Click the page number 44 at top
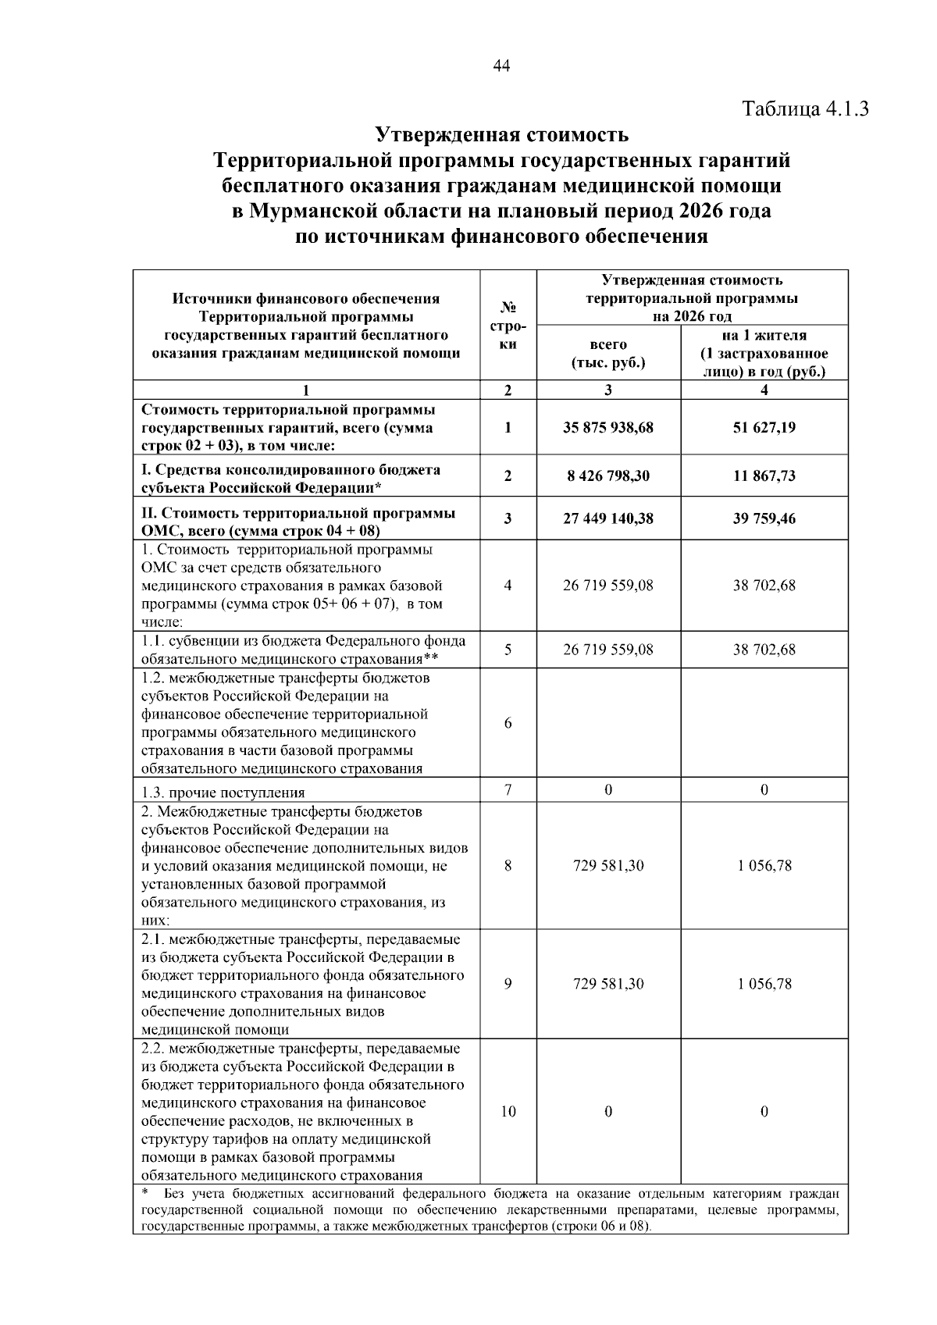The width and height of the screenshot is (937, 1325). tap(501, 66)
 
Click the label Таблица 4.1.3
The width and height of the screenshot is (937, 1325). tap(805, 108)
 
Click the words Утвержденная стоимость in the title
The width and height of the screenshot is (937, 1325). tap(502, 135)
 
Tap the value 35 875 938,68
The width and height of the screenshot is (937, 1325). tap(607, 428)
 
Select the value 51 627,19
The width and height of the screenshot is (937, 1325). tap(764, 428)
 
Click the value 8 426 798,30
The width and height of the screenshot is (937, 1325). tap(607, 476)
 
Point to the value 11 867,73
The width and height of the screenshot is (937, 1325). tap(764, 476)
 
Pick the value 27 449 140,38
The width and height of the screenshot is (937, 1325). tap(607, 518)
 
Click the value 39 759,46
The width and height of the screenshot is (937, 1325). tap(764, 518)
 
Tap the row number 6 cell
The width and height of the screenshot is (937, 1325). tap(508, 723)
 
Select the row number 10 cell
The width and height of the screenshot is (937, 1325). tap(508, 1111)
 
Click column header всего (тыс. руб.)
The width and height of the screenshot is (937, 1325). tap(607, 354)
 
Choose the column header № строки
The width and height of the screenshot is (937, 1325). tap(508, 326)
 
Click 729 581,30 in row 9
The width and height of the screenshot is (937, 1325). tap(607, 984)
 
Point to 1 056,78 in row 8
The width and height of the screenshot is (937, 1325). tap(764, 865)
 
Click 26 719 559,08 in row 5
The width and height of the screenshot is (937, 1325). tap(607, 650)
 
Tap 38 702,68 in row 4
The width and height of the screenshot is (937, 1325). tap(764, 586)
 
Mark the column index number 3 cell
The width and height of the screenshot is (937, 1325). tap(607, 390)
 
